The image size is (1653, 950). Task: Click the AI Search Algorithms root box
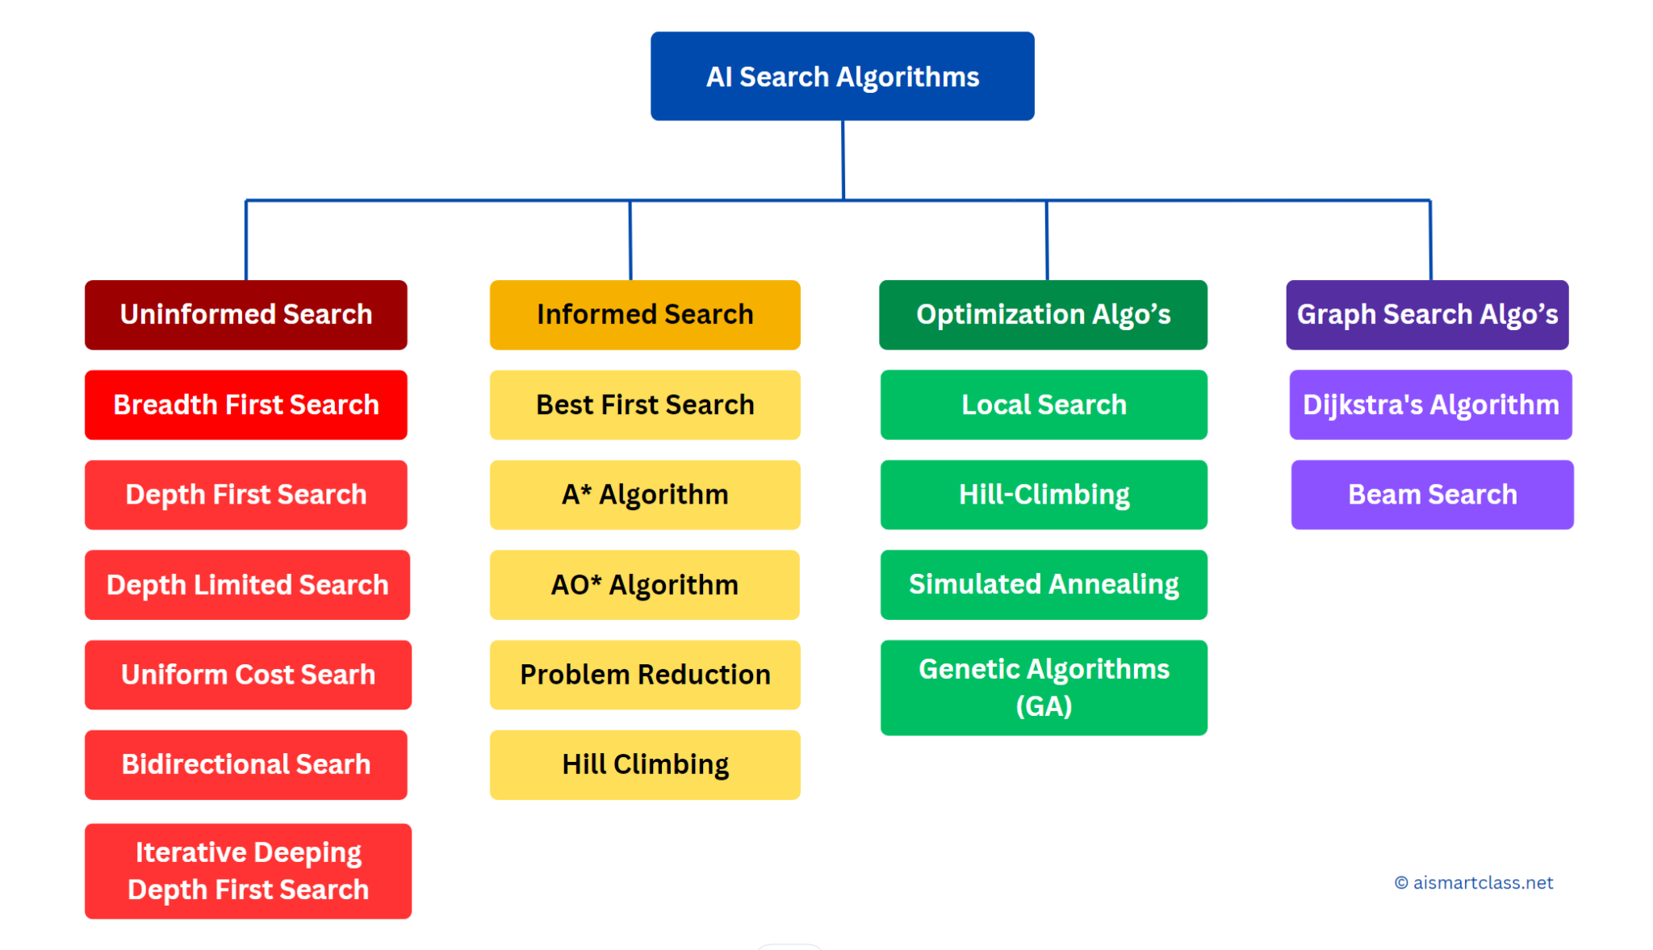(x=842, y=76)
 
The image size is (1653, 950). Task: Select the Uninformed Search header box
(x=246, y=315)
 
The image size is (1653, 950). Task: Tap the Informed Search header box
(x=645, y=315)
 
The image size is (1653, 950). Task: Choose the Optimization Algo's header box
(x=1043, y=315)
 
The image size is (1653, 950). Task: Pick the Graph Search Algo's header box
(x=1427, y=315)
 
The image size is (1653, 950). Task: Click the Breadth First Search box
(x=246, y=404)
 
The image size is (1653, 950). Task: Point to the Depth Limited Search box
(x=247, y=584)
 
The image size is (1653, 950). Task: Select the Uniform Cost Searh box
(x=248, y=675)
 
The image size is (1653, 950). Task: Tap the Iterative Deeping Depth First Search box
(x=248, y=871)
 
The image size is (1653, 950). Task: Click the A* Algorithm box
(x=645, y=495)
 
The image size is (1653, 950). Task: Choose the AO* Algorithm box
(x=645, y=584)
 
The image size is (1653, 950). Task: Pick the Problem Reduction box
(x=645, y=675)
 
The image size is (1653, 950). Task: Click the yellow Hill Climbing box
(x=645, y=764)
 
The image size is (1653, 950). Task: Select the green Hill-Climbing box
(x=1044, y=495)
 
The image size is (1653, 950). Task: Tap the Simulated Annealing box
(x=1044, y=584)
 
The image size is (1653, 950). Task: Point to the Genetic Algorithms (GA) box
(x=1044, y=688)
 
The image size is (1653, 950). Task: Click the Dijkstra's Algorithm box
(x=1430, y=404)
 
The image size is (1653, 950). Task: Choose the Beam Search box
(x=1432, y=495)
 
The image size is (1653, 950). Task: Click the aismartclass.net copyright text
(x=1474, y=883)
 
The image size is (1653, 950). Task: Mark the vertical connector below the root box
(x=843, y=161)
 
